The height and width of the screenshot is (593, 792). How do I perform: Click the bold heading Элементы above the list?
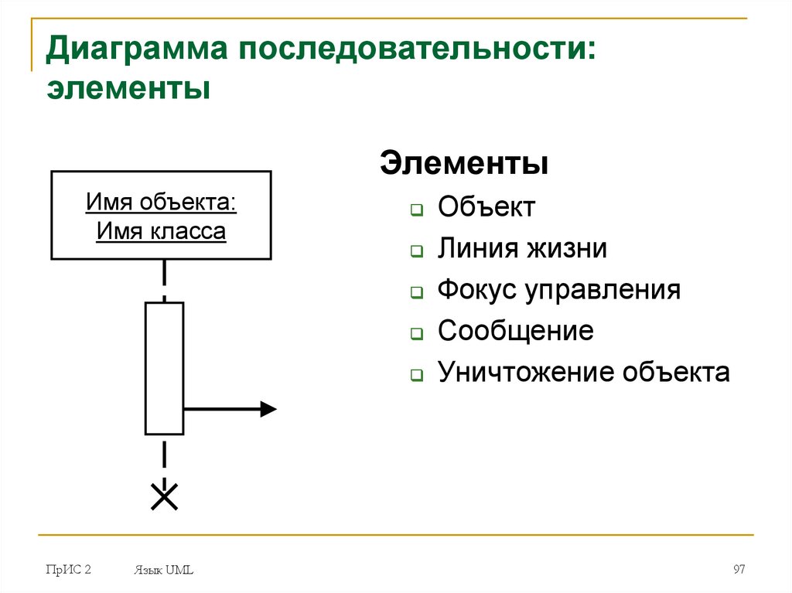464,165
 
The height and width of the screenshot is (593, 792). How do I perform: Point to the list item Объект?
486,207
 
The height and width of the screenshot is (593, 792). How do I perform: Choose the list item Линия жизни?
522,249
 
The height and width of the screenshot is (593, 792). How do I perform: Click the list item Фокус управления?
559,290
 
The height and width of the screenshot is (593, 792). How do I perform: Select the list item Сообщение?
515,331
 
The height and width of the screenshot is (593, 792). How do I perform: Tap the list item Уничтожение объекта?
583,373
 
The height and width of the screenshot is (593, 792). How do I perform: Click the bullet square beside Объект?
416,210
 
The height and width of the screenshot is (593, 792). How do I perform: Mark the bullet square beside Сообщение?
416,334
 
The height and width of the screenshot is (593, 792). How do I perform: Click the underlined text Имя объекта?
162,203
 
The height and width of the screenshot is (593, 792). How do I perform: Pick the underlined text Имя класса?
162,231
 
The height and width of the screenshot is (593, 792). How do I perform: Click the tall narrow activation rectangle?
164,368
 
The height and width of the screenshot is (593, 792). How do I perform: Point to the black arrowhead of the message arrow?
268,409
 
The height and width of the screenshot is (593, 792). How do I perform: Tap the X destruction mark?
164,496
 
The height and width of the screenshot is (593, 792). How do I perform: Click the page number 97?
739,570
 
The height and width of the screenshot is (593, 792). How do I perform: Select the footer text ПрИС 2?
69,570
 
